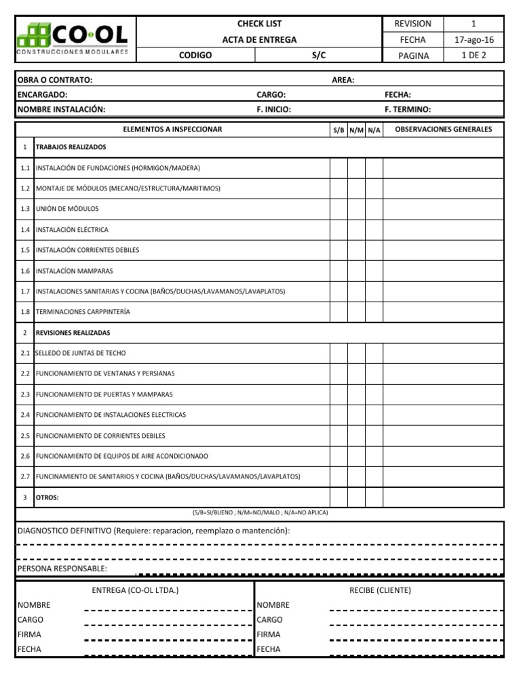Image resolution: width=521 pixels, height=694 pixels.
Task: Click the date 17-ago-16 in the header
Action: (474, 39)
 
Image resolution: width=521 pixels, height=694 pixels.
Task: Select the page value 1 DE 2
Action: (474, 56)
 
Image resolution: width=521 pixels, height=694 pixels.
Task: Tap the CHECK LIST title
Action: (259, 23)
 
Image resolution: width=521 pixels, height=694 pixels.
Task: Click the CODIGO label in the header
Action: (195, 56)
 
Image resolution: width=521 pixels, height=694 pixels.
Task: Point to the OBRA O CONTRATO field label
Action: (54, 80)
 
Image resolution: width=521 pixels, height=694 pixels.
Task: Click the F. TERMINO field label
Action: (407, 109)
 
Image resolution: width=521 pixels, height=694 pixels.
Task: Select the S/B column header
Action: (339, 129)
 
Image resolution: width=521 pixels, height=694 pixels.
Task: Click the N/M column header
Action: (356, 129)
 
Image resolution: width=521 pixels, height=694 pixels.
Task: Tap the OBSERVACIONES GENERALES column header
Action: (443, 129)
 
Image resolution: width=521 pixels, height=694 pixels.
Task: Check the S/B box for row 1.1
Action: (339, 167)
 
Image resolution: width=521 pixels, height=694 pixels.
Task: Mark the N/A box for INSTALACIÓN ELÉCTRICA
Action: (374, 230)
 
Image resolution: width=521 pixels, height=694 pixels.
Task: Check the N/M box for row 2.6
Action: (356, 456)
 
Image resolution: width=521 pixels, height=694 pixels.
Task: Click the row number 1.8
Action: (25, 312)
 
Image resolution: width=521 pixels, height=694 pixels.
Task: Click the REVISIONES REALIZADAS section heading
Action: (73, 333)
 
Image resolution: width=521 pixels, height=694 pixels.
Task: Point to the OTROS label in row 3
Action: (47, 497)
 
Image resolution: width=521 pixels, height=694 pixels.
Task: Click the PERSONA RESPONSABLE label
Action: (62, 568)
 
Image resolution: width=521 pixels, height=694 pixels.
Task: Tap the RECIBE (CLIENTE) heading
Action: (380, 590)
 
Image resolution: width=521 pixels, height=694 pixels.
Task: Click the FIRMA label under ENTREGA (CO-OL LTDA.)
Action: (29, 634)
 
